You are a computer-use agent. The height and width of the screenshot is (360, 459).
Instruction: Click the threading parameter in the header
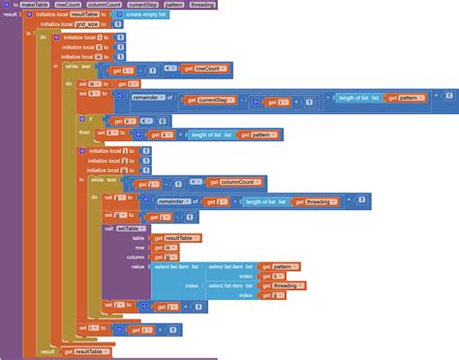pos(201,5)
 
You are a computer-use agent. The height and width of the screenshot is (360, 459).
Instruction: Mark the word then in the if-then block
pos(85,133)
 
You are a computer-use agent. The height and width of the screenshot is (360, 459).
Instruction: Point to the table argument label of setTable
pos(138,238)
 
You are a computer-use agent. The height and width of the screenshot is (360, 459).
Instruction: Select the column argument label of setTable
pos(135,256)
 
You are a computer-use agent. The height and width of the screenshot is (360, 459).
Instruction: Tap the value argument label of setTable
pos(138,266)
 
